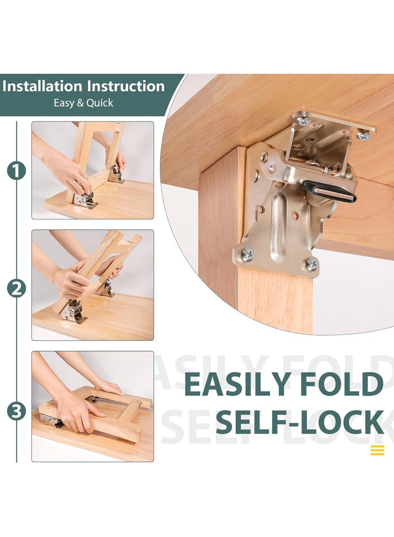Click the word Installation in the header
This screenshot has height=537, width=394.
(x=43, y=87)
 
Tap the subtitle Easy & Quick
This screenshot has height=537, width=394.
(x=83, y=103)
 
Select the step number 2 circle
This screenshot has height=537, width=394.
(x=16, y=288)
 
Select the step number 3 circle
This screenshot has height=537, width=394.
(x=16, y=411)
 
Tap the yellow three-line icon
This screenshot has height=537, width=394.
(x=377, y=450)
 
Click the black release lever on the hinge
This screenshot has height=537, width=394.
(x=328, y=191)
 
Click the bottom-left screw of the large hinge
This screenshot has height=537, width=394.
(x=247, y=254)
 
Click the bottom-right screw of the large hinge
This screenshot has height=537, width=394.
(x=311, y=264)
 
